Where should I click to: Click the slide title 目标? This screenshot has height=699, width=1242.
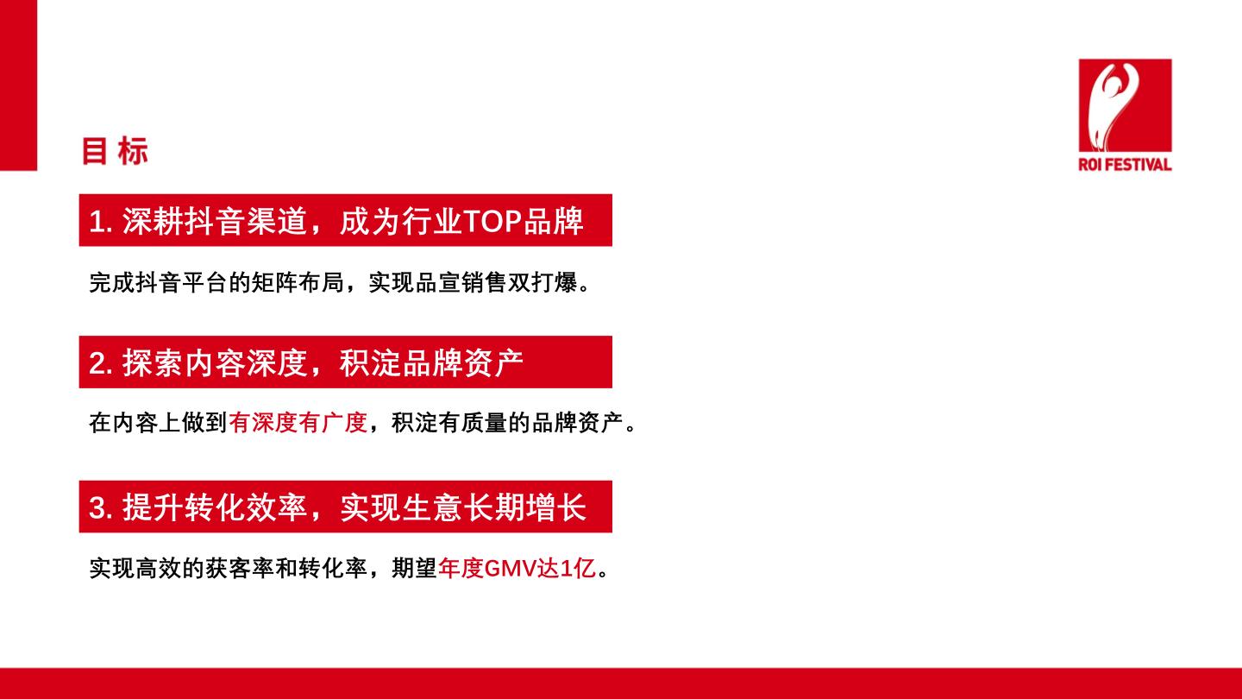coord(115,151)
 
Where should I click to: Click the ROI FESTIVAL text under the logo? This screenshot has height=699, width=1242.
coord(1125,164)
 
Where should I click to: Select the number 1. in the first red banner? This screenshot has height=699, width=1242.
coord(101,221)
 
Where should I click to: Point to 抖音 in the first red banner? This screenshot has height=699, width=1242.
coord(214,221)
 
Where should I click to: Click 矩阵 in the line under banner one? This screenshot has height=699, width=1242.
coord(274,282)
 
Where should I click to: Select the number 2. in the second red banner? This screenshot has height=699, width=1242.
coord(101,362)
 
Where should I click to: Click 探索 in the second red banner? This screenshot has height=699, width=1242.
coord(152,362)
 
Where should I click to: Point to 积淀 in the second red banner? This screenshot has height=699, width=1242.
coord(370,362)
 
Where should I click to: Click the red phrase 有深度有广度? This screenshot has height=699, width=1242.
coord(298,423)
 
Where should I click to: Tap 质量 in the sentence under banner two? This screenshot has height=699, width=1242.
coord(484,423)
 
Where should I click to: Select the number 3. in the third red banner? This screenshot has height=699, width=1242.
coord(101,507)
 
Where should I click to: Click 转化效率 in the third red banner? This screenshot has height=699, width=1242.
coord(245,507)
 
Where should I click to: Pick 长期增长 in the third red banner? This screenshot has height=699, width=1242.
coord(525,507)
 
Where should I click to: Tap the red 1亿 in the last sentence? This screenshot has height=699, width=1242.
coord(578,569)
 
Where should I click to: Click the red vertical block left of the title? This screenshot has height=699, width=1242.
coord(18,85)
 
